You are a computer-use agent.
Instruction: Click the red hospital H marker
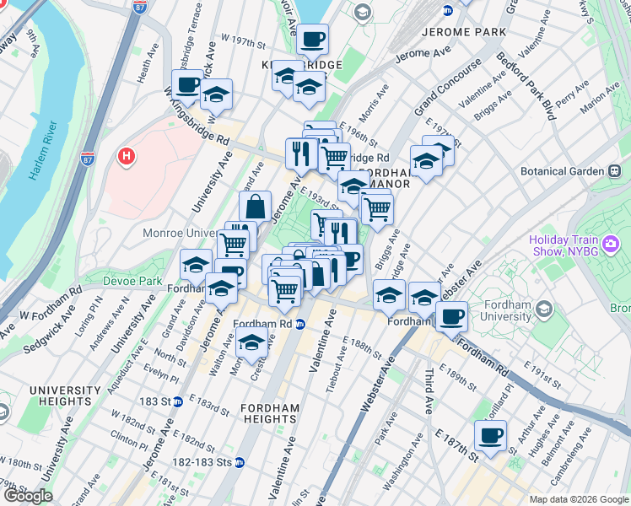(x=127, y=156)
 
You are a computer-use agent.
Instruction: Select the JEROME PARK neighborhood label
(x=461, y=31)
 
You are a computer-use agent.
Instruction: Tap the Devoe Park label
(x=132, y=280)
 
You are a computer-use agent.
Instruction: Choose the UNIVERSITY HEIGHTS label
(x=64, y=396)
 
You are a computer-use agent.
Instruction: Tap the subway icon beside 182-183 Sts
(x=239, y=461)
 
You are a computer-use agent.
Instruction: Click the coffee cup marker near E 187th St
(x=489, y=435)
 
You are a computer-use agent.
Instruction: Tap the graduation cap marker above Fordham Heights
(x=251, y=342)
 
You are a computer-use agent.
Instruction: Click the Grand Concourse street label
(x=447, y=87)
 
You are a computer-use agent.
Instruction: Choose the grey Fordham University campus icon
(x=544, y=310)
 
